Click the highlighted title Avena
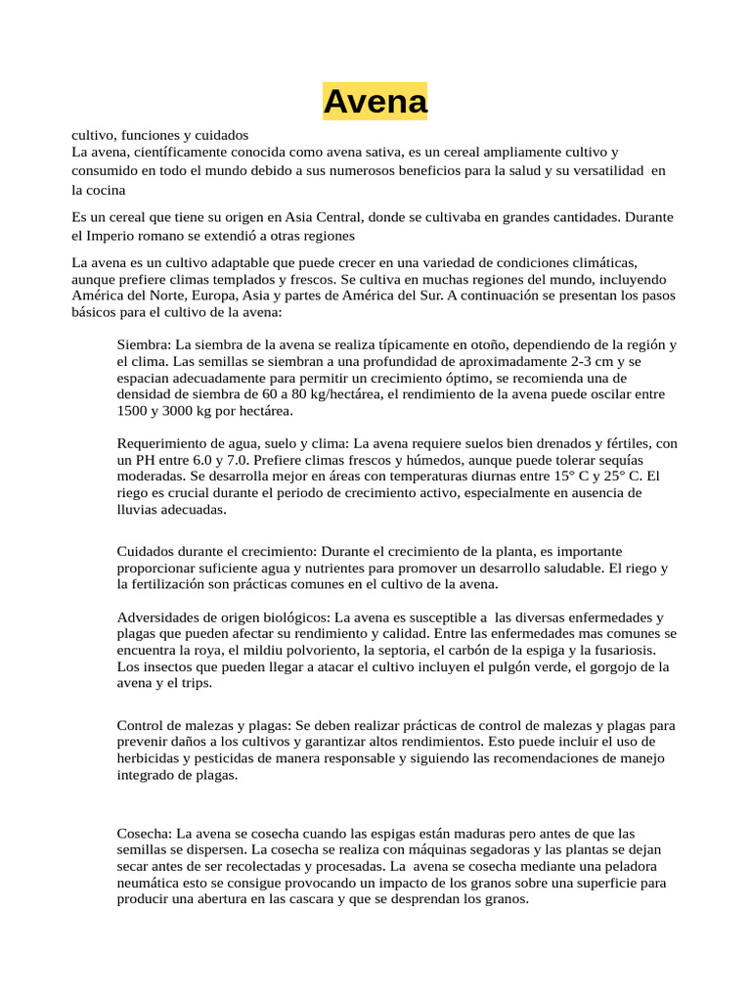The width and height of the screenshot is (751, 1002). click(375, 101)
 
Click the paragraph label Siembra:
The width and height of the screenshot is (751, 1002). click(143, 344)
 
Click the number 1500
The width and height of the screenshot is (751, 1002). click(133, 411)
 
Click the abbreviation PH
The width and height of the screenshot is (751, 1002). click(145, 460)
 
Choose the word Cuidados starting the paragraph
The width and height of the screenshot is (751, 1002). click(146, 551)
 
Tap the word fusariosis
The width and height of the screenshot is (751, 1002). click(618, 651)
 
